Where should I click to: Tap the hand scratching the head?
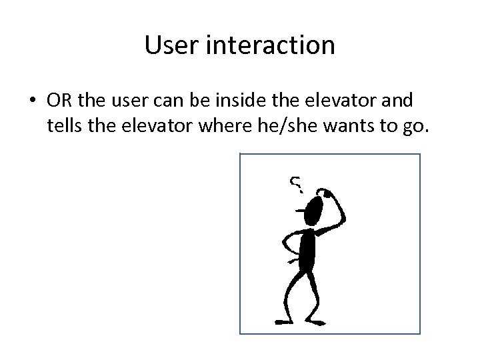click(326, 193)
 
